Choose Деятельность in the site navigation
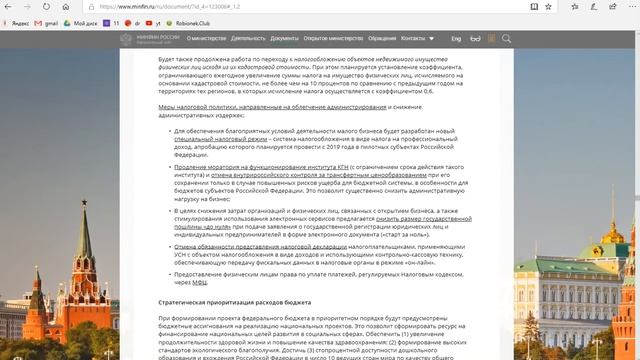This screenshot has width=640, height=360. coord(248,38)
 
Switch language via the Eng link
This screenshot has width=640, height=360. coord(456,38)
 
